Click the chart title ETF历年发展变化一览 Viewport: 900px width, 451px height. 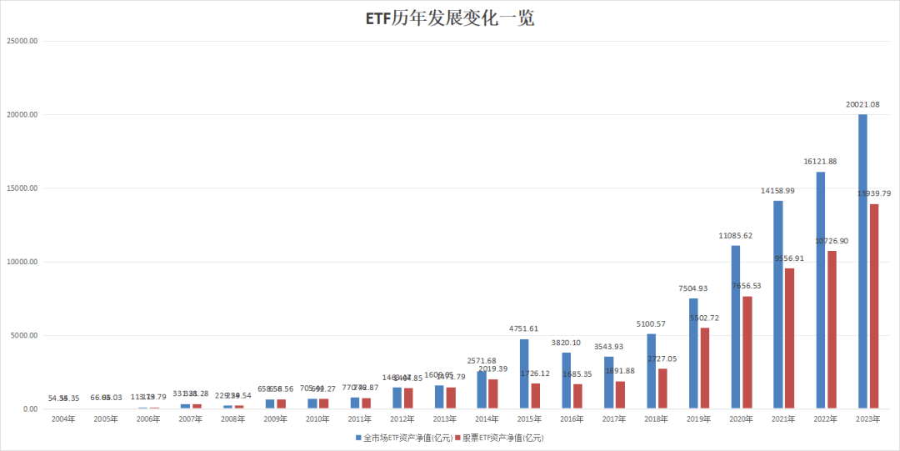(450, 18)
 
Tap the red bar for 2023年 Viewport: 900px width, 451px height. (873, 306)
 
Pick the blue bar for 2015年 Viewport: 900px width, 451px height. (523, 373)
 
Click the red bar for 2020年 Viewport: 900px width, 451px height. (747, 352)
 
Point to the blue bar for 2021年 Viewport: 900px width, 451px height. (777, 304)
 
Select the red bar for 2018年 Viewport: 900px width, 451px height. (662, 388)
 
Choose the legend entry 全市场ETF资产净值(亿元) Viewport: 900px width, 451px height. (404, 437)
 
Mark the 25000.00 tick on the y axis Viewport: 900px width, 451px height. (23, 40)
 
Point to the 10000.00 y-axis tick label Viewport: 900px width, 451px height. (23, 262)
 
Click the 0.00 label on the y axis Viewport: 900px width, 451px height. (31, 409)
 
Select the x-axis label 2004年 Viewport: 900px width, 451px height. (64, 419)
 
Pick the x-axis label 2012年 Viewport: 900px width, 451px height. (403, 419)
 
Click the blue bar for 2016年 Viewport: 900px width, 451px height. (566, 381)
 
